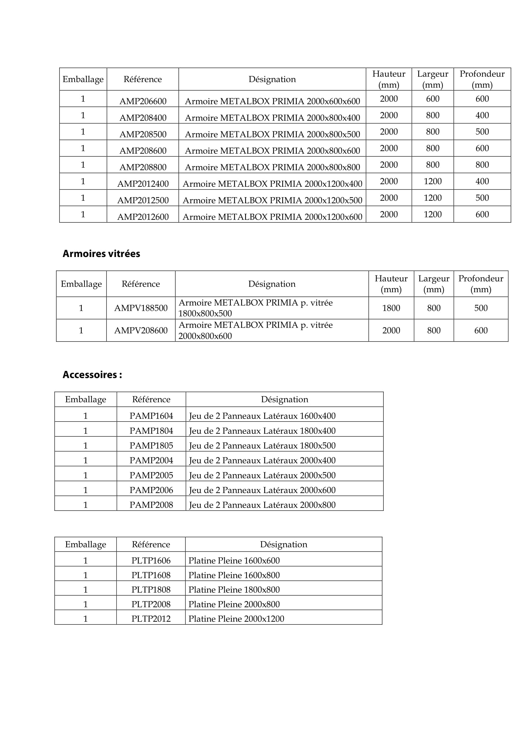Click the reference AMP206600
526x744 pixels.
[x=143, y=101]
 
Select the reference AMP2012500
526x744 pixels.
[x=143, y=200]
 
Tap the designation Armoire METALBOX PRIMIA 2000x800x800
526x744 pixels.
[x=272, y=167]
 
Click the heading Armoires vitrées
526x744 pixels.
[x=101, y=254]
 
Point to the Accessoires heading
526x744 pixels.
[x=92, y=375]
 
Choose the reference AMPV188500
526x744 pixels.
[x=141, y=308]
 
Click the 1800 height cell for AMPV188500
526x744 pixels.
[x=391, y=308]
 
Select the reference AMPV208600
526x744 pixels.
[x=141, y=330]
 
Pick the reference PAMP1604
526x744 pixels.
[x=151, y=416]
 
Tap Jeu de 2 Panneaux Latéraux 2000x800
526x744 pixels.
[x=262, y=505]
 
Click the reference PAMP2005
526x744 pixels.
[x=151, y=475]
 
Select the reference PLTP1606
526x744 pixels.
[x=151, y=560]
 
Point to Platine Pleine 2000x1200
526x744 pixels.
[x=236, y=619]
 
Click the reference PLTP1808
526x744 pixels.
[x=151, y=589]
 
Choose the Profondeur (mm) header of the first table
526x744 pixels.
[x=482, y=79]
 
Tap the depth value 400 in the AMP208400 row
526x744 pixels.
[x=482, y=115]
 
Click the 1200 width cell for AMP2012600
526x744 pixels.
[x=432, y=214]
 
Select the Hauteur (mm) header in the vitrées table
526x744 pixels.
[x=391, y=284]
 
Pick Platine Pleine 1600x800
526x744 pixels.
[x=234, y=575]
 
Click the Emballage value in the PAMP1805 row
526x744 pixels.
[x=86, y=446]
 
